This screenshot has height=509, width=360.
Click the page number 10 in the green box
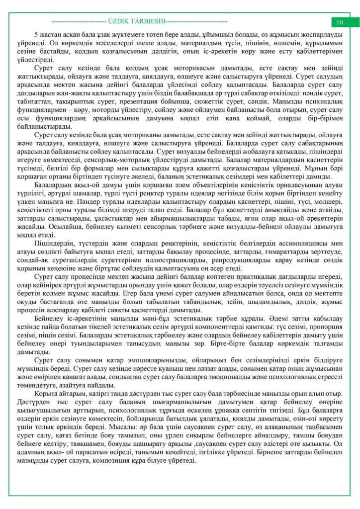pos(340,22)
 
